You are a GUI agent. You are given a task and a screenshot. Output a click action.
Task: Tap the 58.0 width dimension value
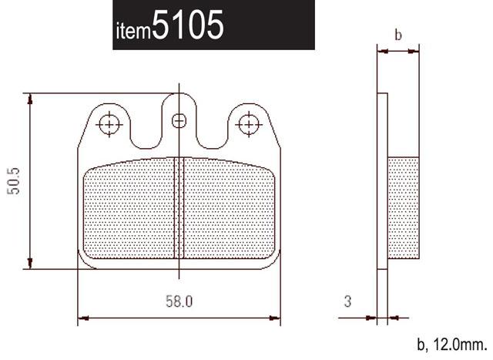coord(178,301)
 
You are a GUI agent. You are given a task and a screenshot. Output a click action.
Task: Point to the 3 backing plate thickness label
coord(347,301)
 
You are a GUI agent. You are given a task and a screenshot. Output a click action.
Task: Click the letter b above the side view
coord(397,35)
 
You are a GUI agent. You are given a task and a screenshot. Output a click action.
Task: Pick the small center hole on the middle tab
coord(179,119)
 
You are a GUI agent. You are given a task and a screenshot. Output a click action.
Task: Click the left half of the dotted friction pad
coord(129,208)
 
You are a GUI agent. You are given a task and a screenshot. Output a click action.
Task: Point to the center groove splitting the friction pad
coord(179,208)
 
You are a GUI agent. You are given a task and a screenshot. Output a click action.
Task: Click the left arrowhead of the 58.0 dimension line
coord(83,317)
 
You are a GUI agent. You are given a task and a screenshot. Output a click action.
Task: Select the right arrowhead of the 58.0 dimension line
coord(274,317)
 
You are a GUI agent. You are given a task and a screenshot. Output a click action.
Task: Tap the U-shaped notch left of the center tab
coord(144,131)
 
